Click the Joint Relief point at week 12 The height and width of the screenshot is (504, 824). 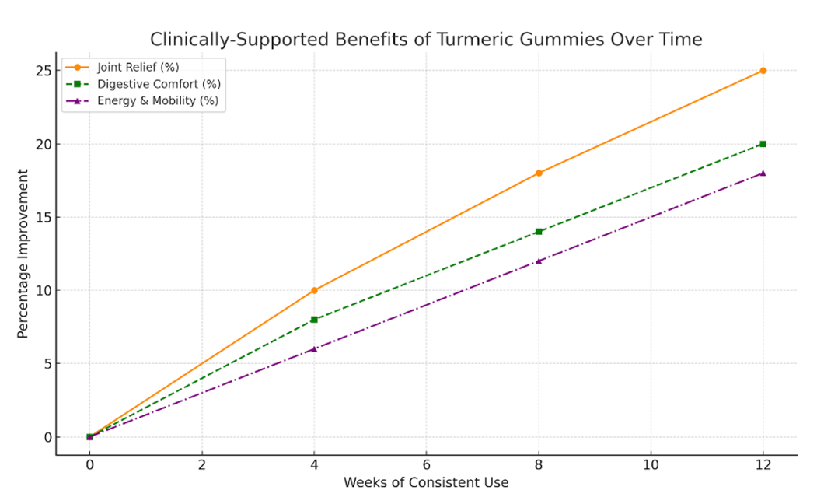tap(763, 71)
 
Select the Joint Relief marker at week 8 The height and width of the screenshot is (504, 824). tap(539, 173)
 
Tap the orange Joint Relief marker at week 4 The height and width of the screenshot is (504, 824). tap(314, 290)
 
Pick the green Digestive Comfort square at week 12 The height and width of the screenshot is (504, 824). tap(763, 144)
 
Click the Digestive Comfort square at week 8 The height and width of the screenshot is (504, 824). tap(539, 232)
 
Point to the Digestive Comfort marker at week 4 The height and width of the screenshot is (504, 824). tap(314, 320)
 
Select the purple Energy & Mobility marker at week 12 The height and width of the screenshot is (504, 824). tap(763, 173)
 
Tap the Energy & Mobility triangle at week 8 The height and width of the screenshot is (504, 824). tap(539, 261)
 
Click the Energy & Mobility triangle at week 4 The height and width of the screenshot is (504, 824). tap(314, 348)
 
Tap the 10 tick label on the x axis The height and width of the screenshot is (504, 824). tap(650, 465)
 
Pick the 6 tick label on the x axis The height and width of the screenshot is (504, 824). tap(426, 465)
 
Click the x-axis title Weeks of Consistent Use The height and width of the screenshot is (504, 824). tap(426, 483)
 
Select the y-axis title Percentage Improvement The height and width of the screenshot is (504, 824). tap(23, 253)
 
